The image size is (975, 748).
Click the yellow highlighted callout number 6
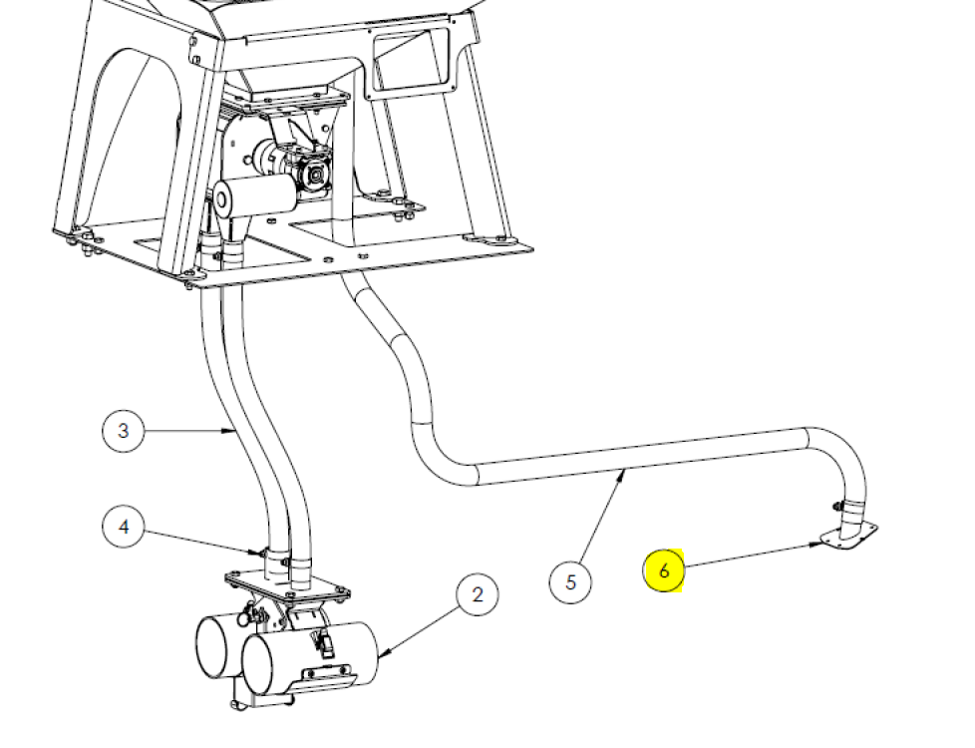pyautogui.click(x=664, y=570)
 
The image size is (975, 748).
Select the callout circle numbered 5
pyautogui.click(x=570, y=581)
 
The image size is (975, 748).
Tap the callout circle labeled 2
pyautogui.click(x=477, y=594)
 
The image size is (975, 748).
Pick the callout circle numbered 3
pyautogui.click(x=123, y=430)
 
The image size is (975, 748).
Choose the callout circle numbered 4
pyautogui.click(x=123, y=527)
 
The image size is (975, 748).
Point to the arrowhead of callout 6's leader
pyautogui.click(x=816, y=545)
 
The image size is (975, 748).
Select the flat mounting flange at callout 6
pyautogui.click(x=849, y=536)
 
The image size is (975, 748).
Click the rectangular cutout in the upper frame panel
pyautogui.click(x=411, y=62)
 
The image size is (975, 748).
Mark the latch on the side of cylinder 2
pyautogui.click(x=324, y=644)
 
